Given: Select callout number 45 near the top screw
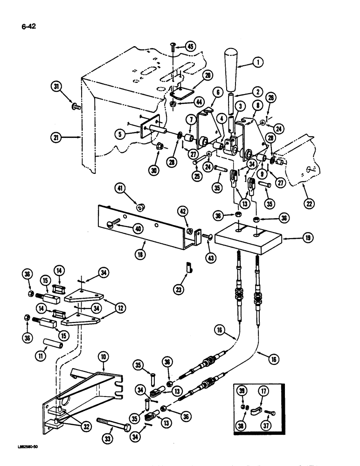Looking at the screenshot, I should (x=190, y=46).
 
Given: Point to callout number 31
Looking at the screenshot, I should (x=56, y=87).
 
